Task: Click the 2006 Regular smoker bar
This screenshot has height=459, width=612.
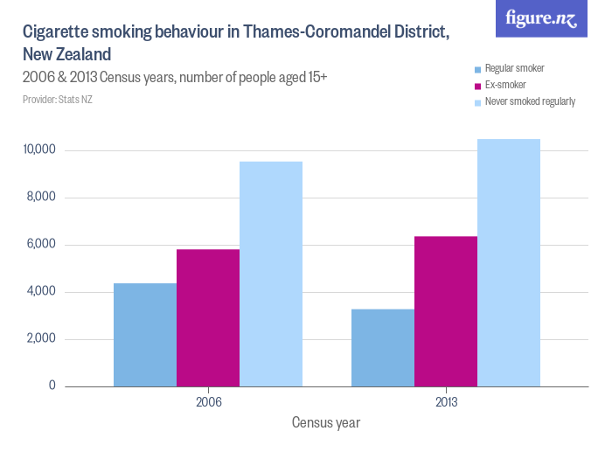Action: (145, 335)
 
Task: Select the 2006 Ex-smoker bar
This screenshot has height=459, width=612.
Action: (208, 318)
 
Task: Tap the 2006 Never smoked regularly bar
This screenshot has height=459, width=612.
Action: (271, 274)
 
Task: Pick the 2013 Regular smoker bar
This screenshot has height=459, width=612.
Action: (383, 348)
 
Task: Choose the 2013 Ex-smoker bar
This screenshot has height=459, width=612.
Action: (446, 311)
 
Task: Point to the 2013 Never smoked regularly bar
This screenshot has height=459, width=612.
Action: (509, 262)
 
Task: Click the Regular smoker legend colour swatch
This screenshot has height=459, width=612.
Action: (476, 69)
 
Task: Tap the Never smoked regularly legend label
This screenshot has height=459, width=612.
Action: (530, 102)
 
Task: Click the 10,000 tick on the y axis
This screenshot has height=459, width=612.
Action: (39, 150)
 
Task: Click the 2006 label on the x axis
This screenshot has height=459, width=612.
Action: (208, 403)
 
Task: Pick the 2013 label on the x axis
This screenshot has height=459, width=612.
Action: (446, 403)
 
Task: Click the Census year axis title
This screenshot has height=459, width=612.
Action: (325, 423)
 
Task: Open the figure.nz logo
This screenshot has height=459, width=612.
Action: (542, 19)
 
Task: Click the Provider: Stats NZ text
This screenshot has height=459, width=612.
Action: (58, 100)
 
